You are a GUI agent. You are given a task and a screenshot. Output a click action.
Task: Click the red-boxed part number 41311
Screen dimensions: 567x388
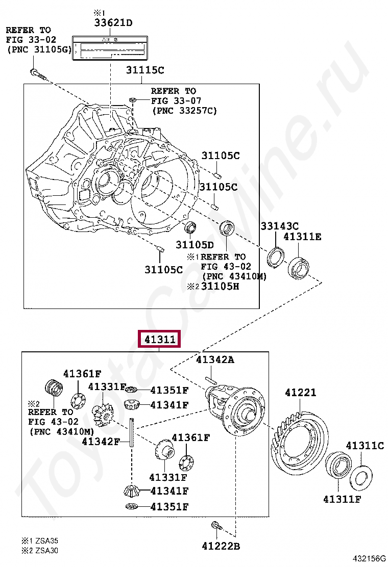point(159,339)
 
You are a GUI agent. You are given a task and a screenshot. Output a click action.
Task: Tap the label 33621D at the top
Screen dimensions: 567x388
point(112,22)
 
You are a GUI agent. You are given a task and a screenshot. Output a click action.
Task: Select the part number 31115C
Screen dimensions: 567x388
point(145,70)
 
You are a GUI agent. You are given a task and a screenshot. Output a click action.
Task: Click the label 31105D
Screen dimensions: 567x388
point(195,245)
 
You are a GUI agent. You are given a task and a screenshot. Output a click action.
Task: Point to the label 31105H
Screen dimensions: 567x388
point(220,286)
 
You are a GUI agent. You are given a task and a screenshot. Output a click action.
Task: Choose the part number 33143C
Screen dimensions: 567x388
point(280,225)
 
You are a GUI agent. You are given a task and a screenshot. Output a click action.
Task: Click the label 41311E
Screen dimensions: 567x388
point(303,237)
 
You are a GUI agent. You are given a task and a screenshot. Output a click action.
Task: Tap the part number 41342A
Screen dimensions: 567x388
point(215,360)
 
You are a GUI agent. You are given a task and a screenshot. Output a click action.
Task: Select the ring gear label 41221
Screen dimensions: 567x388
point(300,393)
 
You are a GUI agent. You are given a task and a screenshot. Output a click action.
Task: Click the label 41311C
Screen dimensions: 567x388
point(365,446)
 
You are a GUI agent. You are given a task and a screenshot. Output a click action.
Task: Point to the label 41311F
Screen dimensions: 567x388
point(342,499)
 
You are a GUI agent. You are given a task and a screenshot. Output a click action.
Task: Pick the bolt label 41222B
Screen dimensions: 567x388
point(221,547)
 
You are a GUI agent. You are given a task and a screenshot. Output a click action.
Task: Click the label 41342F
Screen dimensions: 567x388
point(101,441)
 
